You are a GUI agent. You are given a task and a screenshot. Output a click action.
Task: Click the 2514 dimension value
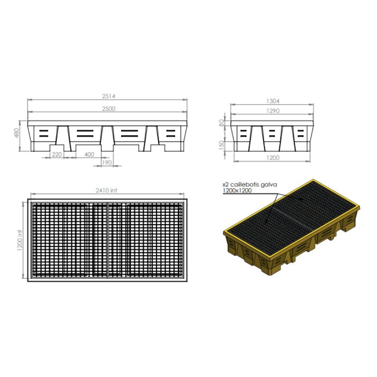(x=108, y=96)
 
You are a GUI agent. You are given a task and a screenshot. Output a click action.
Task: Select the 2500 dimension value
(x=108, y=109)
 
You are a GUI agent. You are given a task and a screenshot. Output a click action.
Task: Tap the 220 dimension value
(x=57, y=154)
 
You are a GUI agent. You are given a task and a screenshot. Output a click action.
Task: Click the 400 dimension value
(x=89, y=154)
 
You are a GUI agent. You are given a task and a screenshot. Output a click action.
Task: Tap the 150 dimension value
(x=222, y=145)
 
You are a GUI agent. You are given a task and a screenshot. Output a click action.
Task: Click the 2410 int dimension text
(x=108, y=191)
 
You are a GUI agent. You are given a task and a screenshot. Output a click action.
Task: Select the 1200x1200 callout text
(x=237, y=191)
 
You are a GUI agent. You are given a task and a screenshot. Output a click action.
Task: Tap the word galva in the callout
(x=270, y=185)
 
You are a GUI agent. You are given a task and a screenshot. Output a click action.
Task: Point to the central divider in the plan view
(x=108, y=240)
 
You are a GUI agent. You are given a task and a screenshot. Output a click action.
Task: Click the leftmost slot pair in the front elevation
(x=44, y=133)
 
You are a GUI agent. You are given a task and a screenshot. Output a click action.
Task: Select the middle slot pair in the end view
(x=272, y=133)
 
